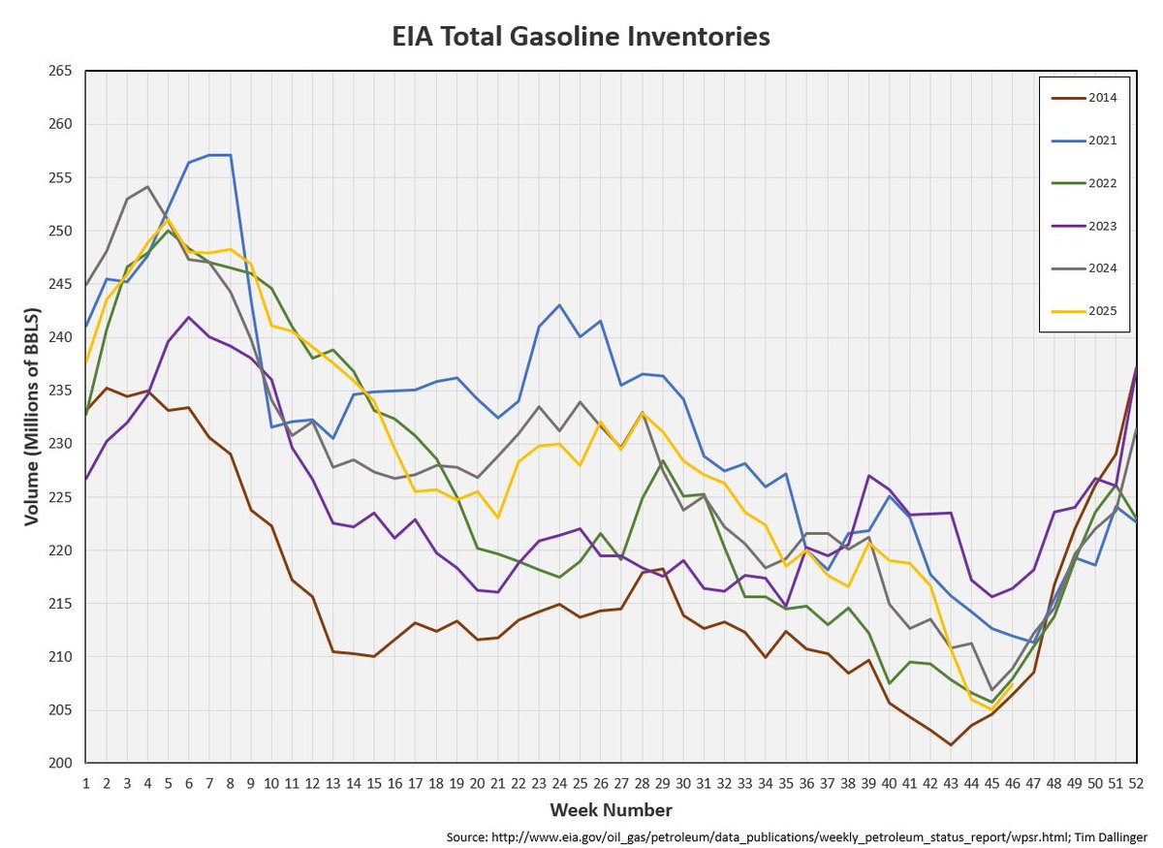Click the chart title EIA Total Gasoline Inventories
point(581,37)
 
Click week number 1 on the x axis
point(86,780)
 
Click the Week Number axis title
point(611,809)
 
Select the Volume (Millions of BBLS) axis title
point(31,417)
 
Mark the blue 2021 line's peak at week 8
point(230,155)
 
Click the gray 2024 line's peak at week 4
point(147,187)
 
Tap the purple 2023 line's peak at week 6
point(189,317)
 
